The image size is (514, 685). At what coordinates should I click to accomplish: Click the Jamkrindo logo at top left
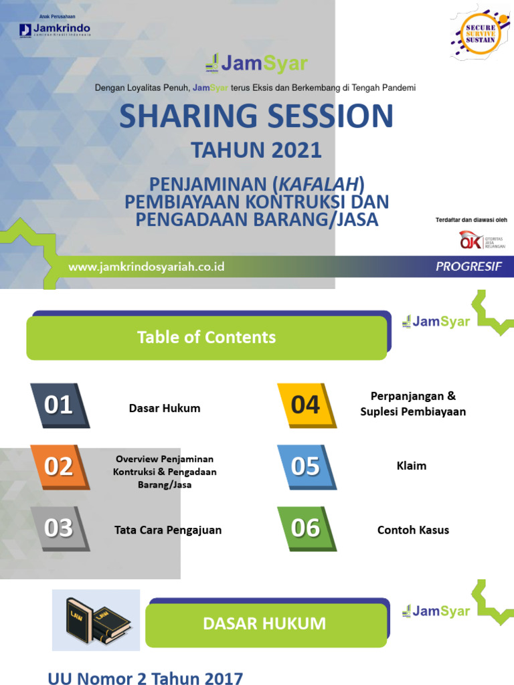[55, 29]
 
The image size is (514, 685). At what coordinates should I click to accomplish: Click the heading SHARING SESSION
[256, 116]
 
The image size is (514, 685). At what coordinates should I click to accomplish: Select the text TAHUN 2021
[256, 151]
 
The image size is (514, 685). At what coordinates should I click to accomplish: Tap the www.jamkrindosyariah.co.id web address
[147, 267]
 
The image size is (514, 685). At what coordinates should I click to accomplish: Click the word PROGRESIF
[468, 267]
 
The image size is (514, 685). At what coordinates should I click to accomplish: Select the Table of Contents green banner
[206, 338]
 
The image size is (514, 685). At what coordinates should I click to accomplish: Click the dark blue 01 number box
[59, 405]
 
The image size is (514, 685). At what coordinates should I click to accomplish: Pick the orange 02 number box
[59, 466]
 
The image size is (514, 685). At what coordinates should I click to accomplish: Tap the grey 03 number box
[59, 528]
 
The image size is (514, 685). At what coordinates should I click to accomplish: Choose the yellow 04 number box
[305, 405]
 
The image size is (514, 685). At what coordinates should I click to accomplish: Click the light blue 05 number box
[305, 466]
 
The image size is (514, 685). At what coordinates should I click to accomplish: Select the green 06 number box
[305, 528]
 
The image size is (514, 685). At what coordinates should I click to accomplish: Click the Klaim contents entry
[412, 466]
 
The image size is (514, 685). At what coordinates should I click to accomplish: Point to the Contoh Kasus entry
[413, 530]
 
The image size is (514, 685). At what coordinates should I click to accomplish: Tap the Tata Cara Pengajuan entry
[168, 530]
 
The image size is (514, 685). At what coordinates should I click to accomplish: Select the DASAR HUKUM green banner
[265, 624]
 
